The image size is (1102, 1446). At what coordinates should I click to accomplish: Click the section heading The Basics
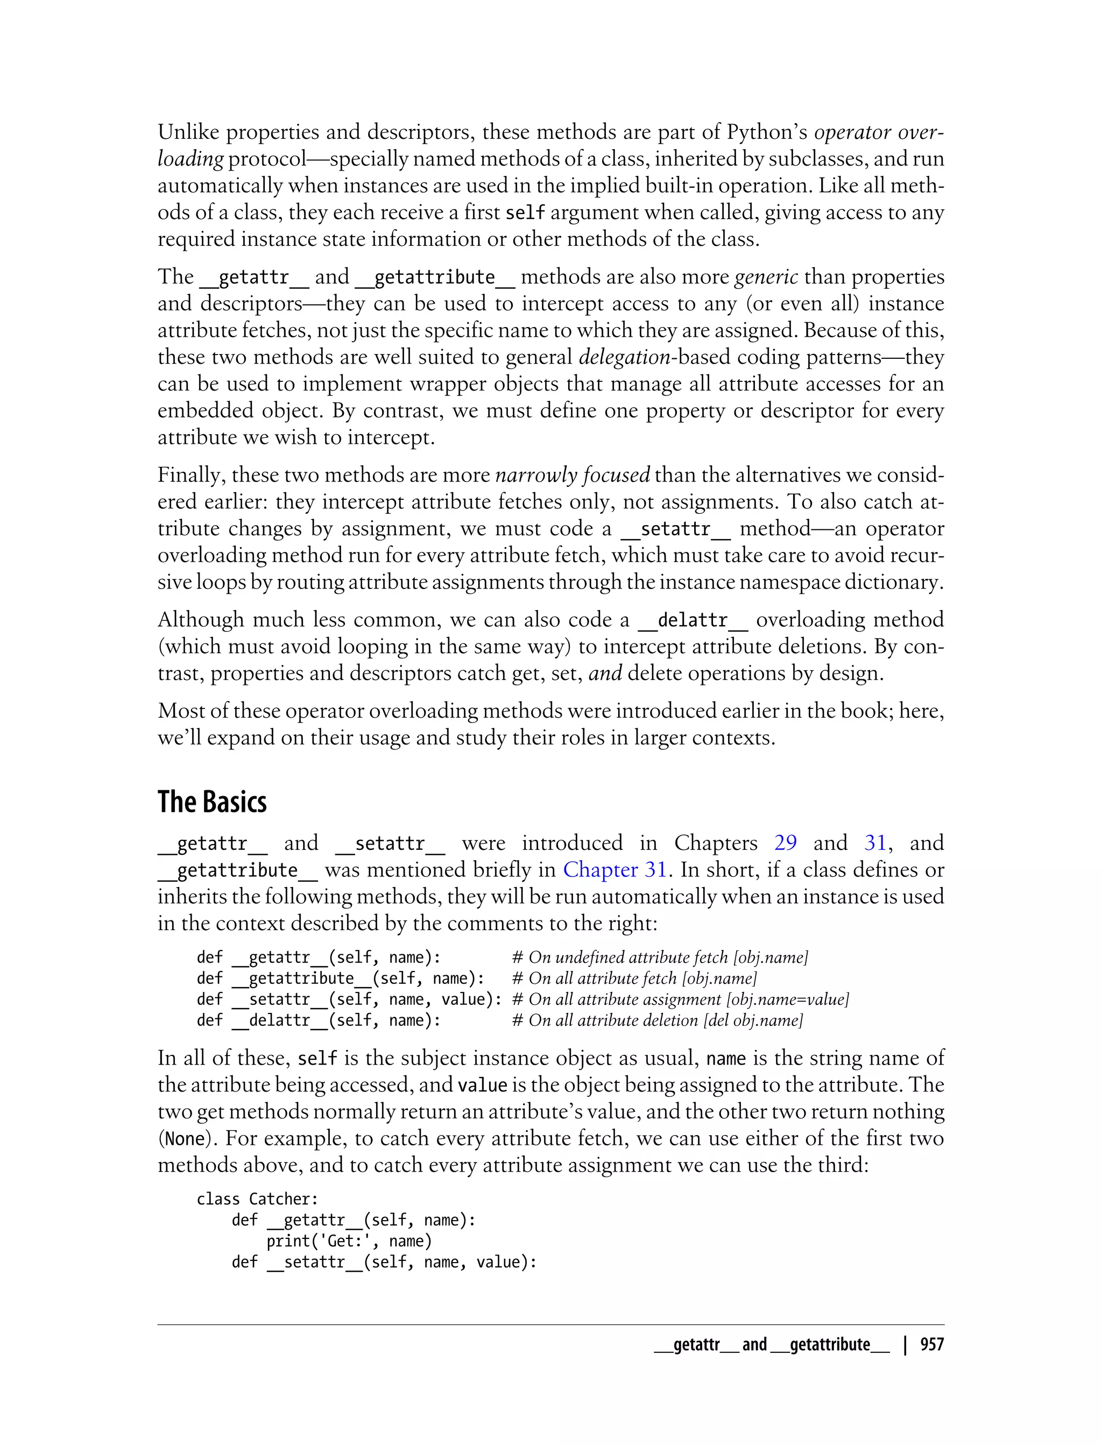pyautogui.click(x=212, y=802)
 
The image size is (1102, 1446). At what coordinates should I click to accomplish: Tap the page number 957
pyautogui.click(x=931, y=1344)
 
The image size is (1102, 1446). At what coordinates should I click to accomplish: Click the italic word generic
pyautogui.click(x=766, y=277)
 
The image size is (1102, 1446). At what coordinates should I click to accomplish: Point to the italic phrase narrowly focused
pyautogui.click(x=572, y=475)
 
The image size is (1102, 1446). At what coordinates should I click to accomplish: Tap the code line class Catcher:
pyautogui.click(x=258, y=1199)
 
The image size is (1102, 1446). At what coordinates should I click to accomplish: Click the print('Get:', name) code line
pyautogui.click(x=349, y=1241)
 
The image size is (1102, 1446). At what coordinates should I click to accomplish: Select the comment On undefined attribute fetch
pyautogui.click(x=659, y=958)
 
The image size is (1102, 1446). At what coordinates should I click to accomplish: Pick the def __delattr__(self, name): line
pyautogui.click(x=319, y=1020)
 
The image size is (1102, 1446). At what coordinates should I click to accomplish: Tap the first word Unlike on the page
pyautogui.click(x=188, y=132)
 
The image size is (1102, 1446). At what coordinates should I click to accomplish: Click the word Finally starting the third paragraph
pyautogui.click(x=191, y=475)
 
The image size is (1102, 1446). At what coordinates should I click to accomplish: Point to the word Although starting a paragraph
pyautogui.click(x=200, y=620)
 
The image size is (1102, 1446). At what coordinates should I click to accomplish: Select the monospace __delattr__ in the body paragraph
pyautogui.click(x=692, y=620)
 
